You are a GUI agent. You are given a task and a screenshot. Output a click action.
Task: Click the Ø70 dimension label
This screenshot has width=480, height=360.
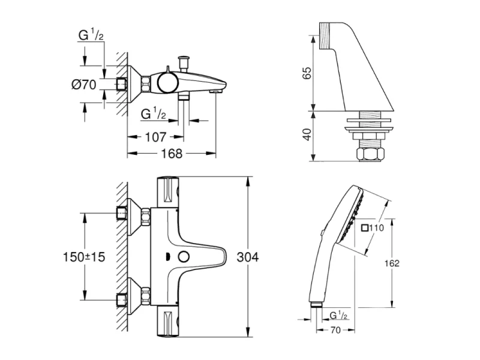point(84,85)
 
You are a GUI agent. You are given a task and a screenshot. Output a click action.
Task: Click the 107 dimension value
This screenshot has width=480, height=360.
point(155,137)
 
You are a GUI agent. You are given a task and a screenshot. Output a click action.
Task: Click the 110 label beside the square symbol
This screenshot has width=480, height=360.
point(376,228)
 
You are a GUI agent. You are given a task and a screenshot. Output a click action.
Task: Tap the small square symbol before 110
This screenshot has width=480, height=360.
point(365,228)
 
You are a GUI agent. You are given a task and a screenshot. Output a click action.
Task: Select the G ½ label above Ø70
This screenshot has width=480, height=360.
point(92,35)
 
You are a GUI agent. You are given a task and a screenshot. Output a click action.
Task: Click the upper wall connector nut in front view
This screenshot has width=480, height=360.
point(122,212)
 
